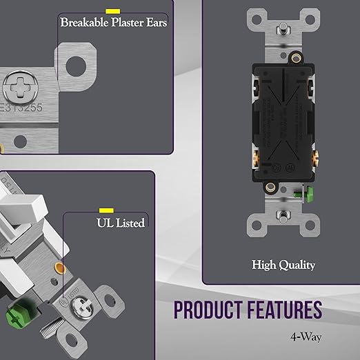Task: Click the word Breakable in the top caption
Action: click(x=84, y=23)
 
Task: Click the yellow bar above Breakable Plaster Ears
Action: click(x=112, y=11)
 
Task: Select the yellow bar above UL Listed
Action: click(x=106, y=210)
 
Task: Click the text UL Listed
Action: click(x=121, y=223)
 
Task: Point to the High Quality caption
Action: click(x=283, y=265)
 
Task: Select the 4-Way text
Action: click(x=306, y=337)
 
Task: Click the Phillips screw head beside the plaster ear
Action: click(x=20, y=88)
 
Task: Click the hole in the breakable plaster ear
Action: click(x=76, y=66)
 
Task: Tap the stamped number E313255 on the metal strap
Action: click(x=21, y=108)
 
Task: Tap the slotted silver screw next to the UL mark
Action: click(x=81, y=307)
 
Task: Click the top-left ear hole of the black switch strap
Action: click(x=257, y=19)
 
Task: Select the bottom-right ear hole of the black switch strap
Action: click(x=310, y=226)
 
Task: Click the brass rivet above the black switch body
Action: click(x=296, y=58)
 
